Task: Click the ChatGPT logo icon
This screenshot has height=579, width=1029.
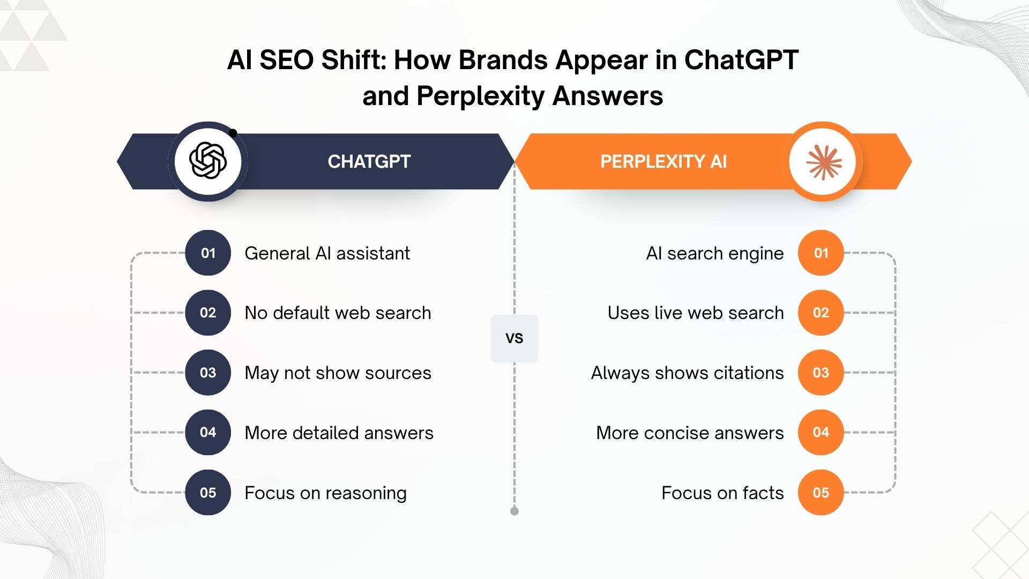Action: coord(208,160)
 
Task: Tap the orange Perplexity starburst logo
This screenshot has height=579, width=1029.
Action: coord(824,161)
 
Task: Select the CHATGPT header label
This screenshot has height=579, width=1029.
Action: coord(369,161)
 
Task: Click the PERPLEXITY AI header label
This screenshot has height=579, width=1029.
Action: coord(663,161)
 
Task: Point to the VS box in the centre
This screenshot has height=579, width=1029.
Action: coord(514,338)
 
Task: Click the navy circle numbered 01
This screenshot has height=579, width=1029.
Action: coord(208,253)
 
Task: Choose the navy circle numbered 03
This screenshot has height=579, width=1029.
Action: coord(208,373)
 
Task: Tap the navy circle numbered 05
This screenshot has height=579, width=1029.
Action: coord(208,493)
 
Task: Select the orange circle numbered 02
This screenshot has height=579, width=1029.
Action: coord(821,313)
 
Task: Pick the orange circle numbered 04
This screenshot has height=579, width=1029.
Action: coord(821,433)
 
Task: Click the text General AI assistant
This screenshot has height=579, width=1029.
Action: coord(327,253)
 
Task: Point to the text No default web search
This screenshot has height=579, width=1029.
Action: coord(338,313)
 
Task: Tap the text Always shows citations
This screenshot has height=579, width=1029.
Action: coord(688,373)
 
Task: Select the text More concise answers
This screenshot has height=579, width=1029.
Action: coord(690,433)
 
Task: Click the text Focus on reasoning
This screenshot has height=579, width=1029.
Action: coord(326,493)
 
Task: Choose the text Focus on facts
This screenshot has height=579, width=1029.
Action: coord(722,493)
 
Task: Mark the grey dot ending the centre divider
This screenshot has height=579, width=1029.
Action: coord(514,511)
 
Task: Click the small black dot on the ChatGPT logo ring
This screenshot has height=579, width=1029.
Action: coord(233,133)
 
